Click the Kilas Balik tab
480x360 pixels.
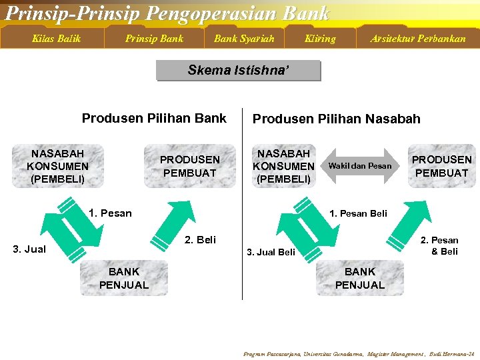(x=56, y=39)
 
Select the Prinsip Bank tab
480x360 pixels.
(x=154, y=39)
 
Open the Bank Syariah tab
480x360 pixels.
(x=244, y=39)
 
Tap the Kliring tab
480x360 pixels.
(x=320, y=39)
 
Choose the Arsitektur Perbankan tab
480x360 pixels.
(x=418, y=39)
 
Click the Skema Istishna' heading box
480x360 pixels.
(x=239, y=71)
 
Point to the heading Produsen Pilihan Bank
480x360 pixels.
(x=154, y=119)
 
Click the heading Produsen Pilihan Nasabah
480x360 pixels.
(x=336, y=119)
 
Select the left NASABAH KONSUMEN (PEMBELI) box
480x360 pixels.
(x=57, y=166)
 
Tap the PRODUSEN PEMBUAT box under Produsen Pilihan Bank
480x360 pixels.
(x=190, y=166)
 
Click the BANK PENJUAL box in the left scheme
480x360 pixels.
(x=124, y=278)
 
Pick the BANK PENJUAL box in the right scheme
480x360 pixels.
(x=360, y=278)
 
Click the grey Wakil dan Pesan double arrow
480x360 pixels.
(x=360, y=166)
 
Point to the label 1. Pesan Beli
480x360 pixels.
(x=359, y=213)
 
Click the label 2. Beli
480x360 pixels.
(x=200, y=239)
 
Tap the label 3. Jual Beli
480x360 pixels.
(x=271, y=252)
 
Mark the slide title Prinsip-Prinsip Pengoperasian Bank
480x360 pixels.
(x=167, y=13)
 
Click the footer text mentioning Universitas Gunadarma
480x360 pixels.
(x=359, y=353)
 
